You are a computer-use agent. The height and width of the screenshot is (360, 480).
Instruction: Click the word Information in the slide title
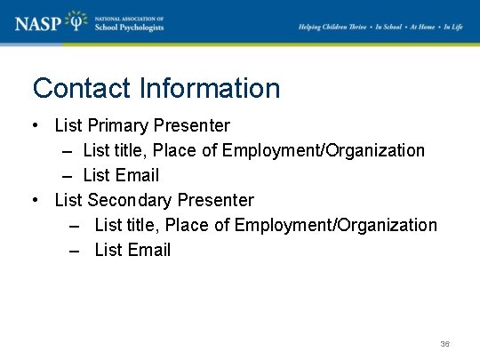point(209,89)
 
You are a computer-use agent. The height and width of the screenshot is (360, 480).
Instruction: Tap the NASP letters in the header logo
point(38,22)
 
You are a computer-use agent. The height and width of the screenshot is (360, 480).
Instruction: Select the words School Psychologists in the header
point(130,28)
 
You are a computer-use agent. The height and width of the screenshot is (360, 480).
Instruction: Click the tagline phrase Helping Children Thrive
point(334,27)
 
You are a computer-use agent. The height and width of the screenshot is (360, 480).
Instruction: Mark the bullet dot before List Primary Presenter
point(35,125)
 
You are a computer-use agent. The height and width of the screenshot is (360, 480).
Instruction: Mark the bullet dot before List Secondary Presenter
point(35,200)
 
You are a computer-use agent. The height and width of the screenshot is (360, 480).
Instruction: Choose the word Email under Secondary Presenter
point(148,250)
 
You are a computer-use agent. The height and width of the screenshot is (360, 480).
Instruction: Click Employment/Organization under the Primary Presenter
point(324,150)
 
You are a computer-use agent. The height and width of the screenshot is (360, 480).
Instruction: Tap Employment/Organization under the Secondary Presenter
point(335,225)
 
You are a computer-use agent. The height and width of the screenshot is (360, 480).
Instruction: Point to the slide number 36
point(445,343)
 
